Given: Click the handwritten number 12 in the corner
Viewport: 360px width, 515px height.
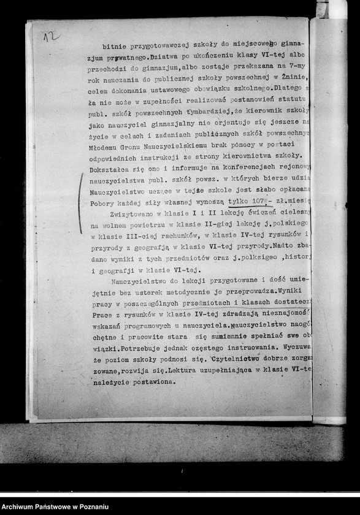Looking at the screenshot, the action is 51,36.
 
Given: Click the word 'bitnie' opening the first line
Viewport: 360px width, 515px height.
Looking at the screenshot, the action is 115,46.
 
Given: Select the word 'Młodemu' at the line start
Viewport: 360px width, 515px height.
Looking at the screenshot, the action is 107,145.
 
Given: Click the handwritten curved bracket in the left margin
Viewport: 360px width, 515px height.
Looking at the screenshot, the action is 80,194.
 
